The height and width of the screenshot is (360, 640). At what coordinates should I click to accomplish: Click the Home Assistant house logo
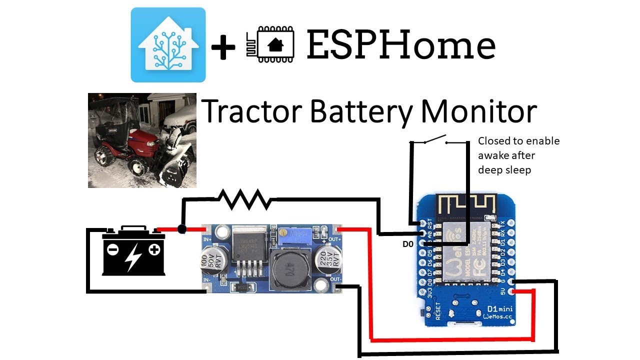tap(168, 44)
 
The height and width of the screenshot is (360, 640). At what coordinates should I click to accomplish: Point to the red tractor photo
tap(142, 140)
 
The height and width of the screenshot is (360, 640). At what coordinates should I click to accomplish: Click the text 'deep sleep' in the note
tap(504, 170)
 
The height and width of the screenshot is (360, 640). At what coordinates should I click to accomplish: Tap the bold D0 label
tap(409, 244)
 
